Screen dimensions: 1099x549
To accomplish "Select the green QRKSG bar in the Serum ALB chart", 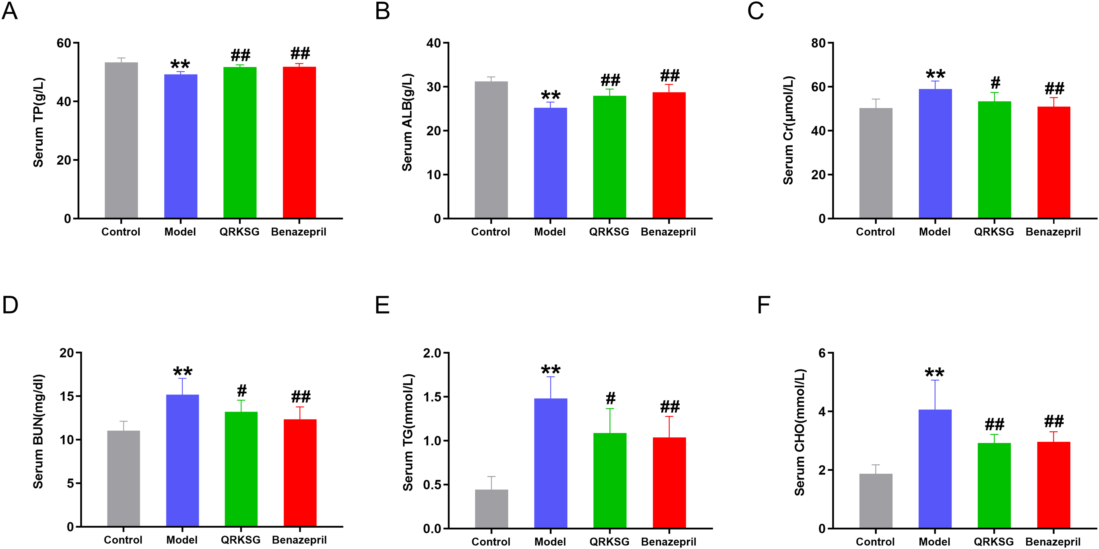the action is point(609,157).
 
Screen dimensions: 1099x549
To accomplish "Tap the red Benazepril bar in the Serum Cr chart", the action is point(1053,162).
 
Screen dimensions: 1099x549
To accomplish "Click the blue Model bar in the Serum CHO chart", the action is point(935,469).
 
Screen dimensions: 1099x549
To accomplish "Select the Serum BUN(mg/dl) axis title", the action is point(39,431).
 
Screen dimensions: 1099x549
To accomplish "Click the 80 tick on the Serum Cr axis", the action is point(819,43).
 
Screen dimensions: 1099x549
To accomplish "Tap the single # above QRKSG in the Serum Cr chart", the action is point(995,82).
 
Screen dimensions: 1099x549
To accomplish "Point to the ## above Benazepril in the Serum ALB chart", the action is point(670,76).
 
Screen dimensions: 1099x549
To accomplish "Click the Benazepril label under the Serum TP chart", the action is point(299,232).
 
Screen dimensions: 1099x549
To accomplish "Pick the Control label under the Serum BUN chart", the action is point(123,540).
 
